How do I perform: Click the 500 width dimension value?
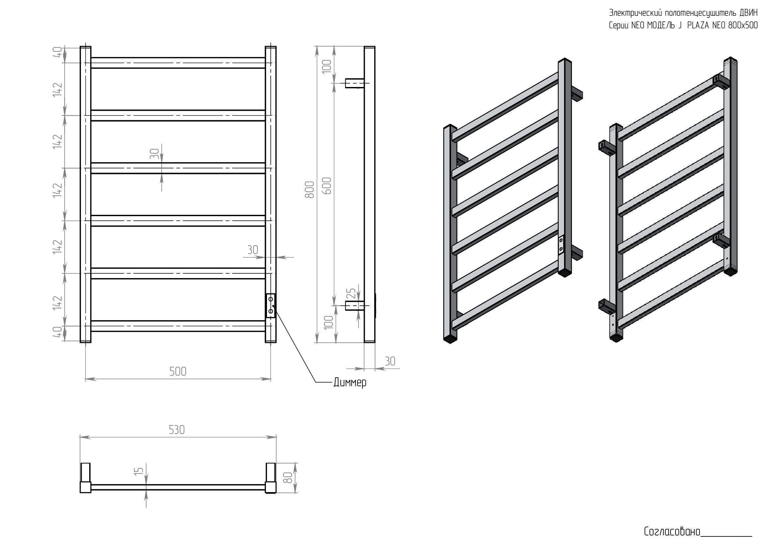click(178, 371)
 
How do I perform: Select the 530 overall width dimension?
click(177, 430)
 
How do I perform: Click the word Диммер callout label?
click(350, 383)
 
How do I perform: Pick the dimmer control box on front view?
click(270, 305)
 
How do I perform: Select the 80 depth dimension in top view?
click(288, 478)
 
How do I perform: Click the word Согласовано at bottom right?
click(672, 531)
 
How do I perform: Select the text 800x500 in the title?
click(742, 25)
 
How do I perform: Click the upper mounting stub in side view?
click(355, 83)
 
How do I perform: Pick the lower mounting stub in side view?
click(355, 306)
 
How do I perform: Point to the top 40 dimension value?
click(57, 52)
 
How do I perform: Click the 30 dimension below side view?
click(390, 361)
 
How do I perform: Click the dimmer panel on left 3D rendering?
click(561, 244)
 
